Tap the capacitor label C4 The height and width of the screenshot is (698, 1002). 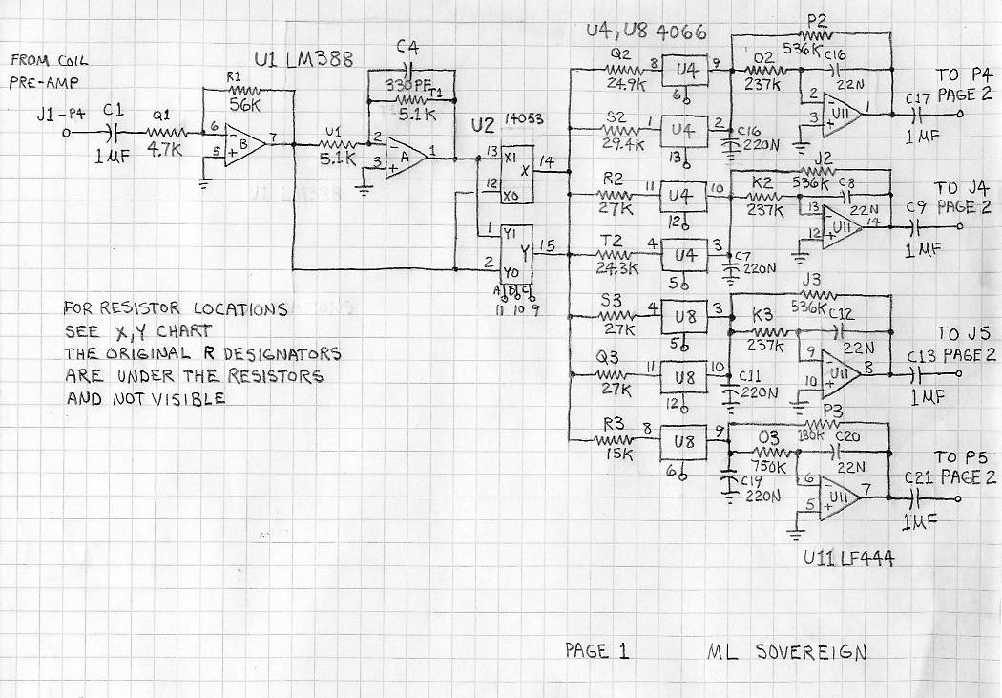click(407, 48)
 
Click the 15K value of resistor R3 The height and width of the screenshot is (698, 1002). click(618, 455)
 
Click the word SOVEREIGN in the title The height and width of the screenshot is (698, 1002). click(811, 653)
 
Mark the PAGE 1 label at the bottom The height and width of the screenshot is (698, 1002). click(597, 652)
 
